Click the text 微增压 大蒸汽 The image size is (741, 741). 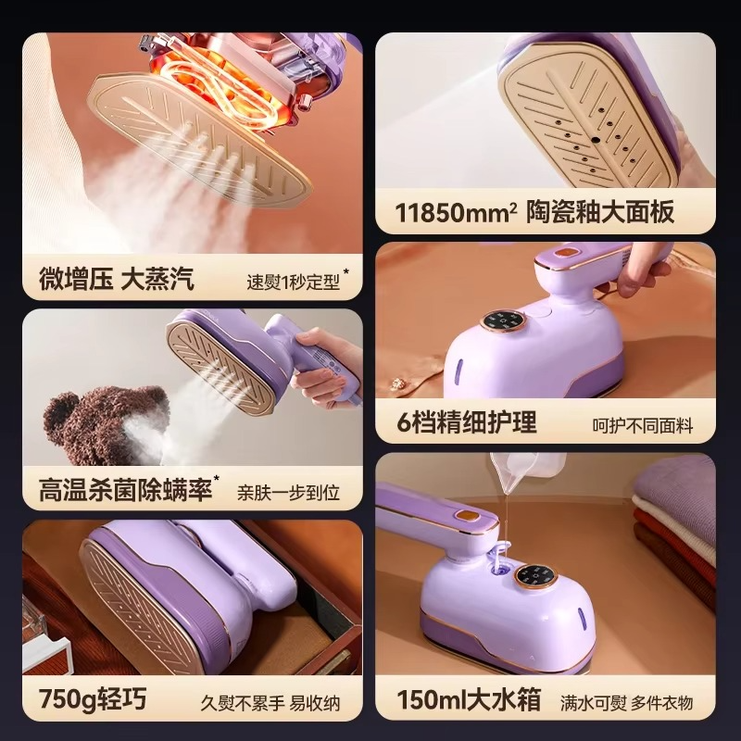point(117,279)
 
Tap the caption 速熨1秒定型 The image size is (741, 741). point(293,283)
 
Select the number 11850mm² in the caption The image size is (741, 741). point(456,213)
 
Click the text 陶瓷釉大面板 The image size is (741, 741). point(600,212)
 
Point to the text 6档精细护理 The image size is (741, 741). point(467,422)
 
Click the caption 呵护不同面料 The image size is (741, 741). point(643,426)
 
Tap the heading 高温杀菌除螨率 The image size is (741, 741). point(125,490)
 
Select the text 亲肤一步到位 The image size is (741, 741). point(288,493)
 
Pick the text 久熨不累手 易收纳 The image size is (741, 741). point(270,703)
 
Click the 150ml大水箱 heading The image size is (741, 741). point(469,699)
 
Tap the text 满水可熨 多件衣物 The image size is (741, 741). point(627,703)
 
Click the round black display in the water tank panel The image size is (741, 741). point(535,576)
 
